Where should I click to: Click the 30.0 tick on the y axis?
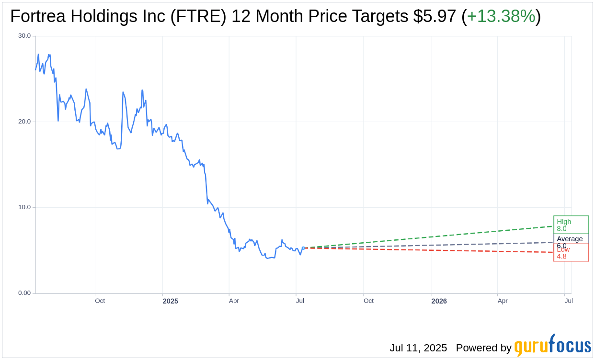tap(24, 36)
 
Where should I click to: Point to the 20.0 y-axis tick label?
tap(24, 122)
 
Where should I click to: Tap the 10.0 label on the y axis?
tap(24, 207)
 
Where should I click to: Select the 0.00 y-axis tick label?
tap(24, 293)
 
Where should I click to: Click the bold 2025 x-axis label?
tap(170, 301)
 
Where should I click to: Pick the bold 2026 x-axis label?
tap(439, 301)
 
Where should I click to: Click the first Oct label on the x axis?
tap(100, 301)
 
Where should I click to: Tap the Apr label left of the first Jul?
tap(234, 301)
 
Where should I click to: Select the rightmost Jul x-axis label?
tap(569, 301)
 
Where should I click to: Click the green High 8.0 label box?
tap(571, 225)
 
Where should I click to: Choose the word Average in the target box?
tap(570, 239)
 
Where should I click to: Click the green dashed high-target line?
tap(431, 237)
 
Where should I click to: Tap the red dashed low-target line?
tap(431, 250)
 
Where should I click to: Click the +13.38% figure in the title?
tap(501, 16)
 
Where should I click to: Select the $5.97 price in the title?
tap(435, 16)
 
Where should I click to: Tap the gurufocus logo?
tap(552, 346)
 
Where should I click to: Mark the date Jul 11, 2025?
tap(418, 348)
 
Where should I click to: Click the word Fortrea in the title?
tap(38, 16)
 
